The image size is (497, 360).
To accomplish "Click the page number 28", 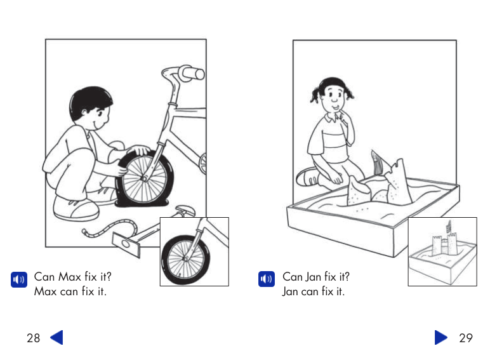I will pos(33,338).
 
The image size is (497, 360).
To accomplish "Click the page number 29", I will pos(465,338).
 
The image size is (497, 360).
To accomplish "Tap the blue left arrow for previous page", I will pos(56,337).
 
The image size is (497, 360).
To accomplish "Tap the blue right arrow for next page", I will pos(441,337).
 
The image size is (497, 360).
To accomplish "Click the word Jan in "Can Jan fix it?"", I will pos(314,277).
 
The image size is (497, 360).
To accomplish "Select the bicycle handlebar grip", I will pos(190,73).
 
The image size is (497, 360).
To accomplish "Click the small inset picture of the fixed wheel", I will pos(194,252).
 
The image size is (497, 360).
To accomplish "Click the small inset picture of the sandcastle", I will pos(442,252).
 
